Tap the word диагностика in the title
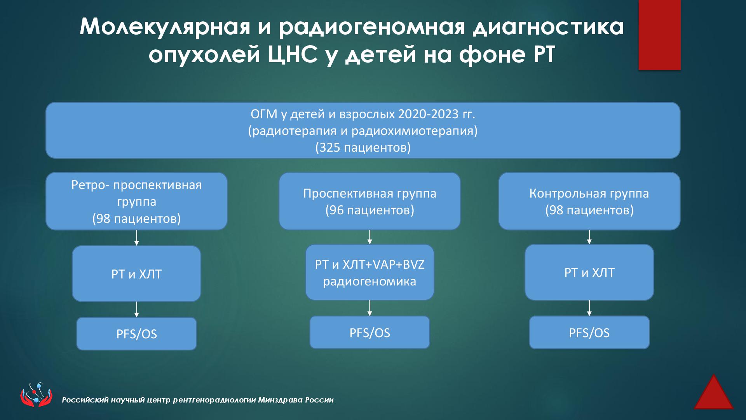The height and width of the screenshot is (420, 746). [548, 27]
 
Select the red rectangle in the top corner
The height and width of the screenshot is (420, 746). [659, 35]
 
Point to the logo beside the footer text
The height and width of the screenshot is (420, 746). [36, 395]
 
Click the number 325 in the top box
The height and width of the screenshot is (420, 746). [330, 147]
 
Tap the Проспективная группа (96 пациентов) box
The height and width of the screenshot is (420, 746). [370, 201]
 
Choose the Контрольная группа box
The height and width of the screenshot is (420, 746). [589, 201]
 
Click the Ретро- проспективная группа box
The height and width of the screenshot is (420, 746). [136, 201]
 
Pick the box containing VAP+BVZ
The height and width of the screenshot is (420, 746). [370, 272]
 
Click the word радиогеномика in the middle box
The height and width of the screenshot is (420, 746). [370, 281]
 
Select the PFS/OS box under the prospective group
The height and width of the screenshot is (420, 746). [370, 332]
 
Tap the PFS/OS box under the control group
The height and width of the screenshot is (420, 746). [589, 332]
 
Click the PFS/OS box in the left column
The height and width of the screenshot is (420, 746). [136, 334]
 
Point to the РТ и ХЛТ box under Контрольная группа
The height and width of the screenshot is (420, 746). [589, 272]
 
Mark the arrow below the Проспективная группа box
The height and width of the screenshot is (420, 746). [370, 237]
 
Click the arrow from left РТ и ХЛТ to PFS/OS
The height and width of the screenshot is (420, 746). [136, 309]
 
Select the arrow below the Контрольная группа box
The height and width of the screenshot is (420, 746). [589, 237]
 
